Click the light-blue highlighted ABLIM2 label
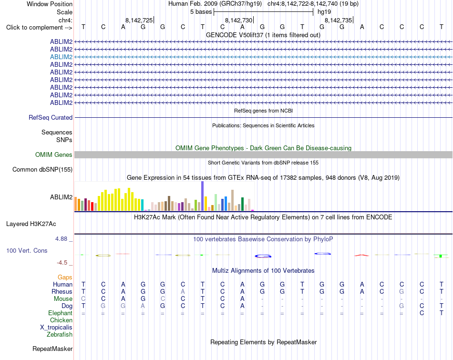pyautogui.click(x=61, y=57)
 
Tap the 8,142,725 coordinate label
pyautogui.click(x=139, y=20)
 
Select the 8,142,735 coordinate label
pyautogui.click(x=338, y=20)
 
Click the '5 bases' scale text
pyautogui.click(x=201, y=12)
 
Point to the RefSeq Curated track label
pyautogui.click(x=51, y=118)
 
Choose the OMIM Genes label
pyautogui.click(x=54, y=155)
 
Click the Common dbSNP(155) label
pyautogui.click(x=42, y=170)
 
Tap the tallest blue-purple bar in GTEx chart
pyautogui.click(x=202, y=196)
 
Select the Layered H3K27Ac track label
pyautogui.click(x=31, y=224)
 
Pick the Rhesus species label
pyautogui.click(x=62, y=291)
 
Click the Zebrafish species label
pyautogui.click(x=60, y=335)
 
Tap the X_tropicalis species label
pyautogui.click(x=56, y=328)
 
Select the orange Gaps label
pyautogui.click(x=65, y=278)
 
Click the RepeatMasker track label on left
pyautogui.click(x=52, y=349)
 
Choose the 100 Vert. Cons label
pyautogui.click(x=27, y=250)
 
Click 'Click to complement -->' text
pyautogui.click(x=39, y=28)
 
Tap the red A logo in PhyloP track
pyautogui.click(x=362, y=255)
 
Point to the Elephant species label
pyautogui.click(x=61, y=313)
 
